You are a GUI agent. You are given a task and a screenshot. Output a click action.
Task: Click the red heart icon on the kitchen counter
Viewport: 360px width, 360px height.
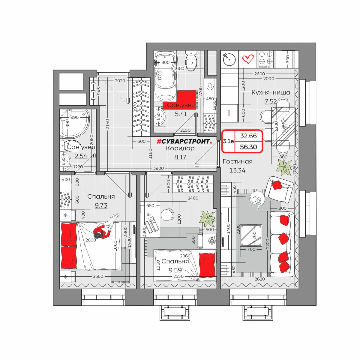coord(248,59)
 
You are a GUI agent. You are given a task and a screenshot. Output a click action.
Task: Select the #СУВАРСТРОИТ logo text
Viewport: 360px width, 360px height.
coord(184,141)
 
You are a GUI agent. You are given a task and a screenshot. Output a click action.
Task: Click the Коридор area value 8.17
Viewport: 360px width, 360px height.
coord(180,157)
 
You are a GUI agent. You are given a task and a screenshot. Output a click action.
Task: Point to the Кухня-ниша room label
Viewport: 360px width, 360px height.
coord(271,92)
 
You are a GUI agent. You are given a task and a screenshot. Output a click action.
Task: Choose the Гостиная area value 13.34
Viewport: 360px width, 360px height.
coord(237,170)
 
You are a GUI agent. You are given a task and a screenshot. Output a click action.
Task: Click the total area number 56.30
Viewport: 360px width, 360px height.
coord(248,147)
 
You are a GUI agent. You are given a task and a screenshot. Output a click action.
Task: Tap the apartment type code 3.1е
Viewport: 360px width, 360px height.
coord(228,141)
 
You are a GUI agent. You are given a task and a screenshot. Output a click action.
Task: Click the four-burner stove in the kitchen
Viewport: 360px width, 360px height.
coord(266,59)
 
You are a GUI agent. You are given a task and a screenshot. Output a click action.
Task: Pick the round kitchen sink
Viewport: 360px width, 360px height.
coord(229,59)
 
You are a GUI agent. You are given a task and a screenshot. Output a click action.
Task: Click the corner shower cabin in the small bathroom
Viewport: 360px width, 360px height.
coord(75,123)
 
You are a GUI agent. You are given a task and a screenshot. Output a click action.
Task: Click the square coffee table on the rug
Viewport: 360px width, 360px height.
coord(251,235)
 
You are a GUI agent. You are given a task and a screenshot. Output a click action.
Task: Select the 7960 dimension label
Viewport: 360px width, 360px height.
coord(295,169)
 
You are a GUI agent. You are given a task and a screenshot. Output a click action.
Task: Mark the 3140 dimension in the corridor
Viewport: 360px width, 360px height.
coord(107,124)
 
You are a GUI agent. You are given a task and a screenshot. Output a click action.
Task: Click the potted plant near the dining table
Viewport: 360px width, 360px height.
coord(284,167)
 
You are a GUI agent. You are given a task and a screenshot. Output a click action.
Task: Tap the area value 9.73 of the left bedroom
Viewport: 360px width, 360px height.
coord(101,205)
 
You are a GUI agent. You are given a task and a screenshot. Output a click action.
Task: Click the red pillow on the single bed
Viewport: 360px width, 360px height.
coord(207,265)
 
